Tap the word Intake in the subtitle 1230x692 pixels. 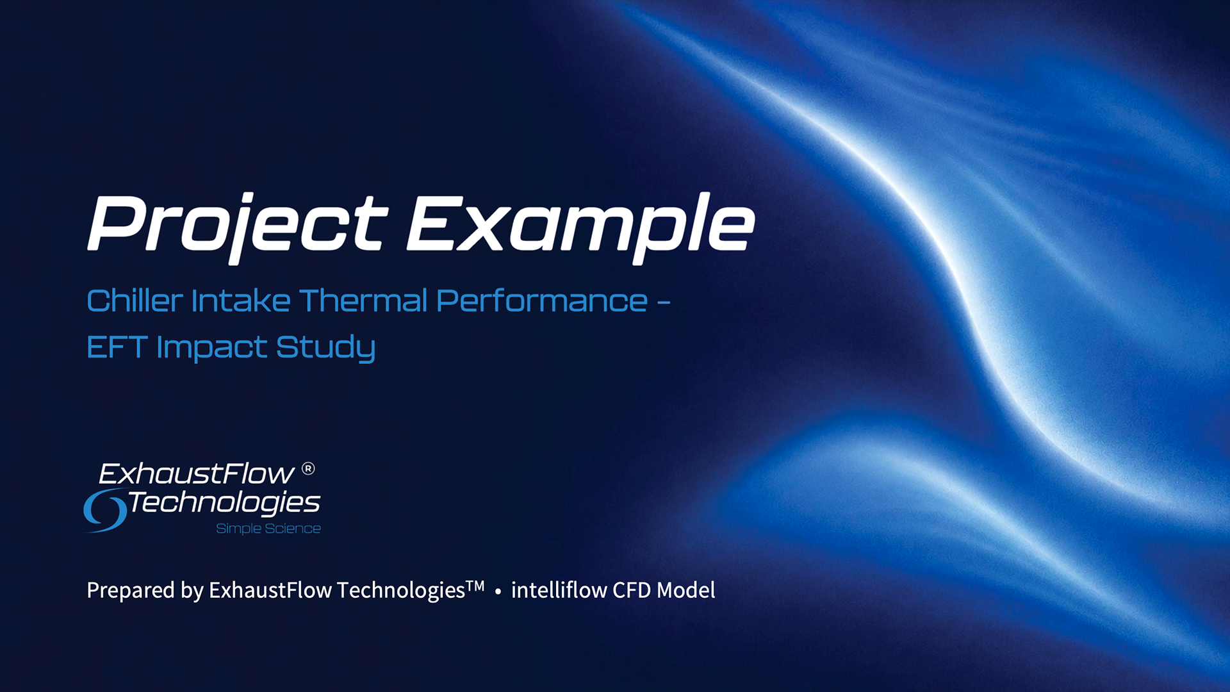(x=241, y=301)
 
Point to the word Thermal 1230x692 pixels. (x=363, y=301)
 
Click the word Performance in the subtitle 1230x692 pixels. (x=542, y=301)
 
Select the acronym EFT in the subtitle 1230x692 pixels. (x=117, y=347)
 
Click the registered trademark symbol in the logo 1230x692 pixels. (x=308, y=469)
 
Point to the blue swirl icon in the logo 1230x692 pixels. (x=105, y=510)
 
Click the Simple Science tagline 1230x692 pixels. (x=268, y=529)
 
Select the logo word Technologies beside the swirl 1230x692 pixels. (x=224, y=503)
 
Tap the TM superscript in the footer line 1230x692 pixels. (x=475, y=586)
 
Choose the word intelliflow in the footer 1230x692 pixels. (x=559, y=589)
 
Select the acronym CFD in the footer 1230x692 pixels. (x=632, y=590)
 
